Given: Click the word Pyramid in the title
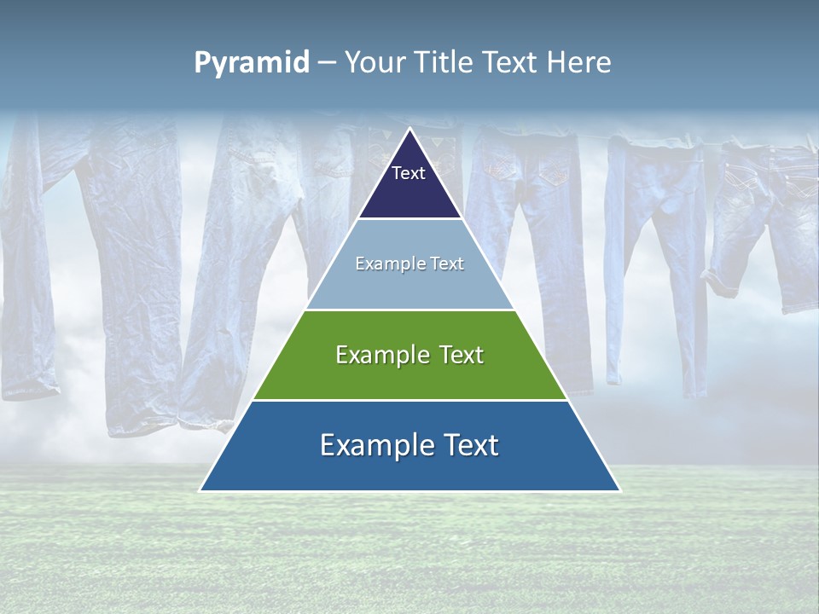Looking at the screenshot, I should click(251, 63).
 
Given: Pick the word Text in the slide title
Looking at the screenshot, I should click(514, 63).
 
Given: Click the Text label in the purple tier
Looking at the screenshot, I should click(409, 173).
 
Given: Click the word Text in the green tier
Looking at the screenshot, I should click(462, 355).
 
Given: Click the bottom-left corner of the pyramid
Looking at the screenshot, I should click(201, 490).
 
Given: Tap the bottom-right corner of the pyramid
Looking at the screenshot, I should click(619, 490).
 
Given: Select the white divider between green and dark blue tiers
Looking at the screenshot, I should click(409, 400).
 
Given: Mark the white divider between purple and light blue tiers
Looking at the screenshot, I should click(409, 219).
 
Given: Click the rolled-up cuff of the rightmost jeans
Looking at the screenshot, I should click(722, 281).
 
